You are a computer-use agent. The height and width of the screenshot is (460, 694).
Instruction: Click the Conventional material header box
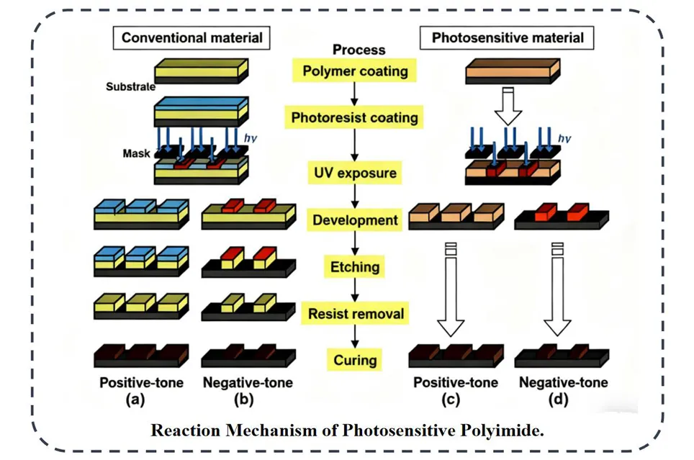click(x=191, y=38)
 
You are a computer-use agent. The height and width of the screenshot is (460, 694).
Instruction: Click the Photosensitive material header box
click(x=508, y=37)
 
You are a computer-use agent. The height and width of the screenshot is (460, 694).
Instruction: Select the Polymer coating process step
click(x=355, y=71)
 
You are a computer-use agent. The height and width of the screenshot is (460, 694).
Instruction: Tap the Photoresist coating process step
click(x=354, y=117)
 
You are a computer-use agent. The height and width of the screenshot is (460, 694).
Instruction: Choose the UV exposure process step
click(x=354, y=173)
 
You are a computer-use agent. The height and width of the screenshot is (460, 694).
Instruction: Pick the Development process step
click(x=355, y=220)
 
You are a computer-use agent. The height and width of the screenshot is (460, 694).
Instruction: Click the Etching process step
click(x=355, y=267)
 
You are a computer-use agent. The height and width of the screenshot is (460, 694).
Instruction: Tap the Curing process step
click(x=355, y=360)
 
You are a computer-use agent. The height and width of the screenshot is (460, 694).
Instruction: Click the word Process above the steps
click(x=359, y=50)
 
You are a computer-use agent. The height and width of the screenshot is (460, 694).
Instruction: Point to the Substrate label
click(x=130, y=87)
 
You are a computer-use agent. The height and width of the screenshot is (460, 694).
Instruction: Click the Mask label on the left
click(x=137, y=153)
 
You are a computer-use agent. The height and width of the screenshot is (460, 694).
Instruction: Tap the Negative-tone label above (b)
click(x=248, y=383)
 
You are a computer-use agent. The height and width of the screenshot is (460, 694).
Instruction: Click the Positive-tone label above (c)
click(x=455, y=383)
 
